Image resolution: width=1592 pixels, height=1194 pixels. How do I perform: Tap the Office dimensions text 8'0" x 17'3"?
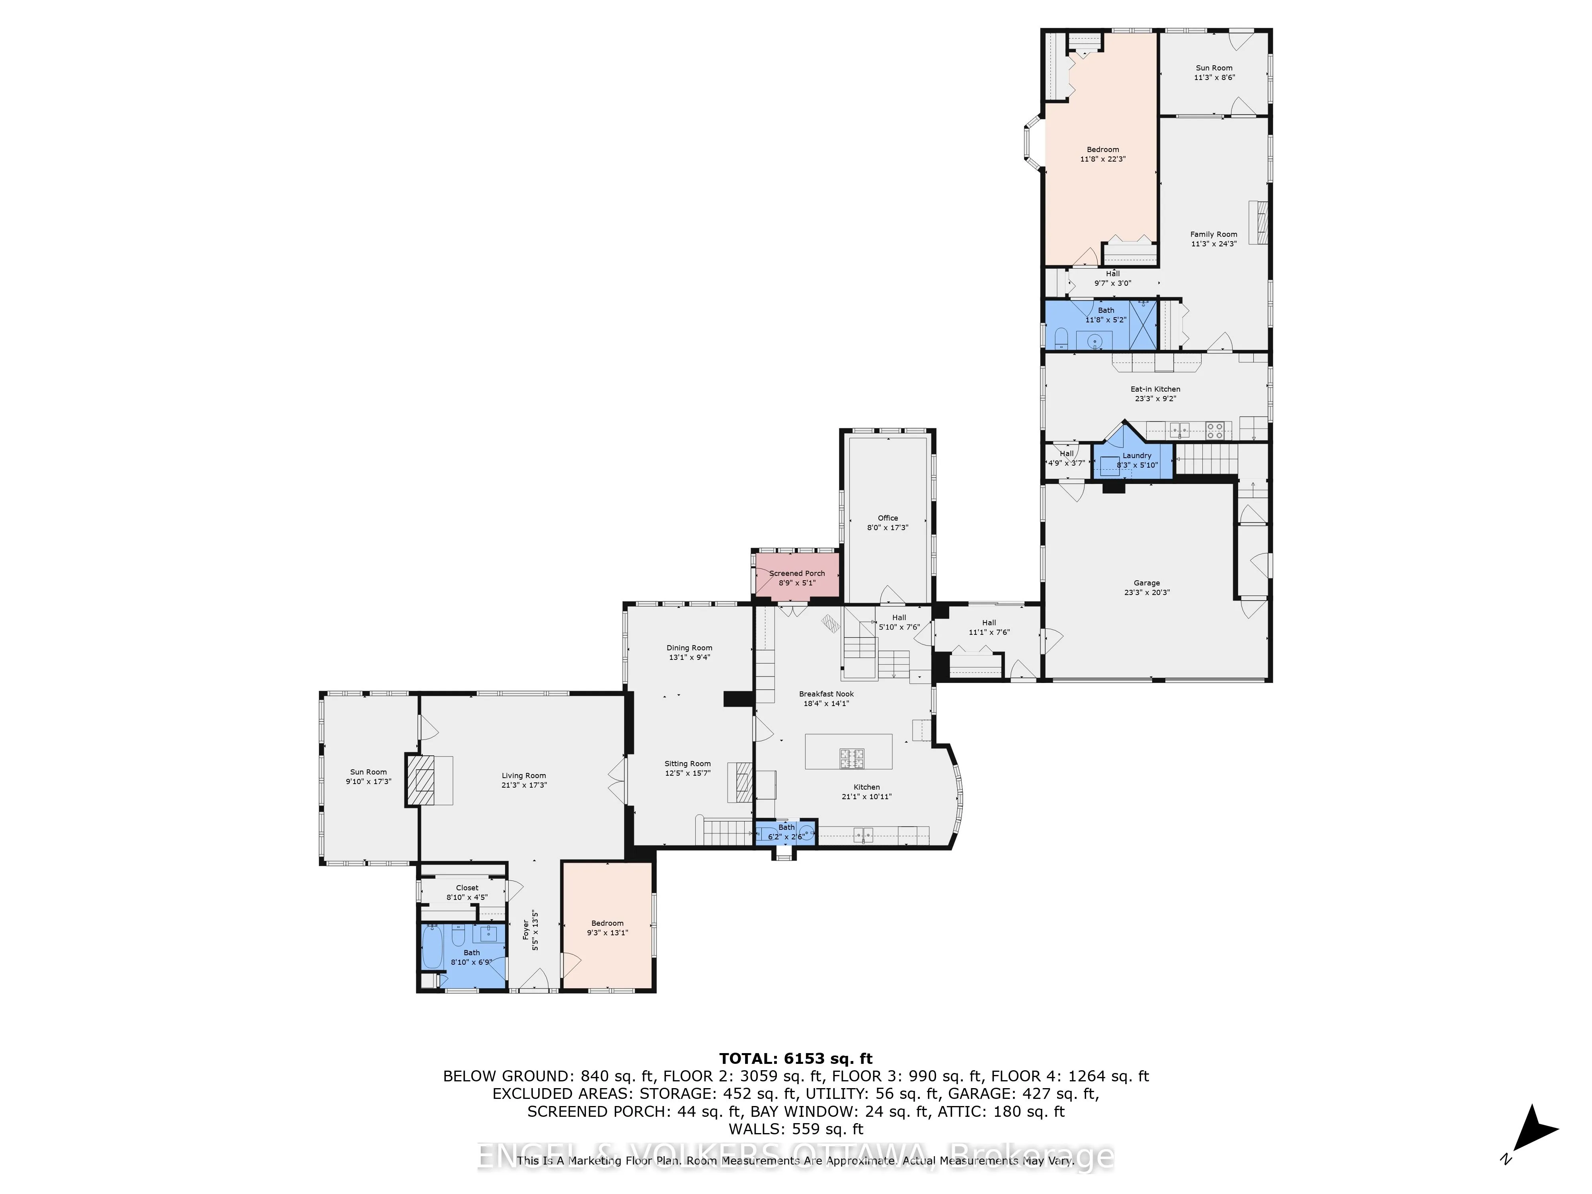(x=888, y=527)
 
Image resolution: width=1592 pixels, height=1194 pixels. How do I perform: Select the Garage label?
(x=1147, y=583)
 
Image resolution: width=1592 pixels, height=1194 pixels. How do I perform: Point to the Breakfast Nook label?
(x=826, y=694)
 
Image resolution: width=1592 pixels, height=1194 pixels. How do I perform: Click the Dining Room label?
(x=689, y=648)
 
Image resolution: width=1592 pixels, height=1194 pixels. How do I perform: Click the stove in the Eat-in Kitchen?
(x=1215, y=430)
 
